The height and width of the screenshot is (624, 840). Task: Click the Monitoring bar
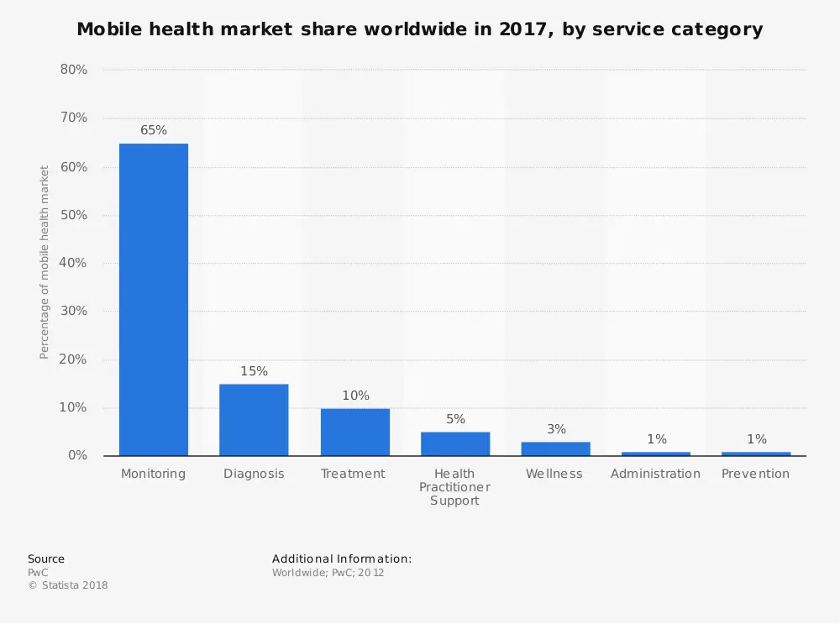click(x=154, y=300)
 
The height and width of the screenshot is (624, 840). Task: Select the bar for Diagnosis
click(x=254, y=420)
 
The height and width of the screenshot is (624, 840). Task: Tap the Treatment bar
click(x=354, y=432)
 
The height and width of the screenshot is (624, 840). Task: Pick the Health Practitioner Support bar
click(x=455, y=443)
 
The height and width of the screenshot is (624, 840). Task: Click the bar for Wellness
click(x=555, y=448)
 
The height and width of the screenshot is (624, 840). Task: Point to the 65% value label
click(x=154, y=130)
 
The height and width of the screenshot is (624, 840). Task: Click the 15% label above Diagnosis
click(x=254, y=371)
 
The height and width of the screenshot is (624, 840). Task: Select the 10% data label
click(x=355, y=396)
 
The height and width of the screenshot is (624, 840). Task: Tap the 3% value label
click(x=556, y=429)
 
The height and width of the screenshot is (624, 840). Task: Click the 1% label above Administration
click(x=656, y=439)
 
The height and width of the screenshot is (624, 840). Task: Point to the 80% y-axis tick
click(x=74, y=70)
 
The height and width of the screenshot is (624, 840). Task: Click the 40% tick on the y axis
click(x=74, y=263)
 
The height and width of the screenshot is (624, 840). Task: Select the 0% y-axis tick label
click(x=77, y=455)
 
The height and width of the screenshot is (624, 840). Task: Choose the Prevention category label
click(x=755, y=474)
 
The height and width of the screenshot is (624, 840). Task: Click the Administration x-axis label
click(x=655, y=474)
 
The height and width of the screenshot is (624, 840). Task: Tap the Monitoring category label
click(x=153, y=474)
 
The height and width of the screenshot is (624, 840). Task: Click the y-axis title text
click(x=45, y=262)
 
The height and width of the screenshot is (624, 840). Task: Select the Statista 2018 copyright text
click(x=68, y=585)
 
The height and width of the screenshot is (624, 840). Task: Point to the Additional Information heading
click(x=342, y=558)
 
